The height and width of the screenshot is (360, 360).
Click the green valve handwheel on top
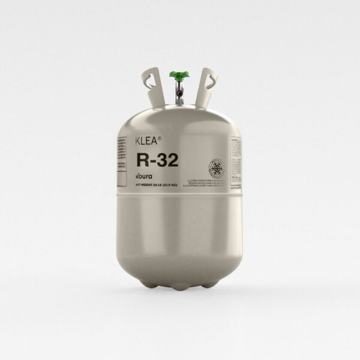[x=179, y=76]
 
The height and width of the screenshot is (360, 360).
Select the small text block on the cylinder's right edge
[x=236, y=159]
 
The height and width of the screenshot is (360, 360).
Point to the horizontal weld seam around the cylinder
[x=179, y=196]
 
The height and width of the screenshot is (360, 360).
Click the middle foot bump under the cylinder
[x=180, y=287]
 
